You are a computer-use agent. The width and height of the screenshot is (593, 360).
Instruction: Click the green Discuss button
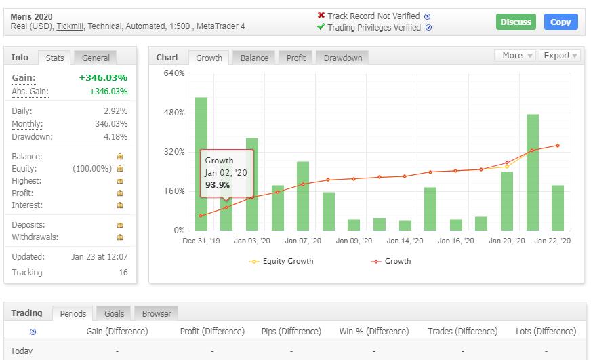pos(516,22)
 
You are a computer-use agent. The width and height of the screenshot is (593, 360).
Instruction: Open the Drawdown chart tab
pos(342,58)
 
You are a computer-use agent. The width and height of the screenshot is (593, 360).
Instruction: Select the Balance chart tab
pos(254,58)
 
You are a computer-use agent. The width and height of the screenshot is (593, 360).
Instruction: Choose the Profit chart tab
pos(296,58)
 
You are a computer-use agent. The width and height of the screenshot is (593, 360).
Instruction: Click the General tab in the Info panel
pos(96,58)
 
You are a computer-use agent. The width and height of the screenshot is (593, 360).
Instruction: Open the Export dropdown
pos(560,56)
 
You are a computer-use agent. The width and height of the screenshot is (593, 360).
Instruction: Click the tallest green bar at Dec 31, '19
pos(201,163)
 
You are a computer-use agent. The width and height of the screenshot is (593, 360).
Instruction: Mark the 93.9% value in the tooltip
pos(218,184)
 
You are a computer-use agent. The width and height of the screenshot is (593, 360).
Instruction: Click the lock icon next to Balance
pos(120,157)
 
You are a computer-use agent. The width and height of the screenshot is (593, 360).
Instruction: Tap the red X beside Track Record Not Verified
pos(321,16)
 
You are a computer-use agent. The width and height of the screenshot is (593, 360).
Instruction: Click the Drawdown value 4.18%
pos(115,137)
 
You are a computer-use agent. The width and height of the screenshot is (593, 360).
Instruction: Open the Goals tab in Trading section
pos(114,313)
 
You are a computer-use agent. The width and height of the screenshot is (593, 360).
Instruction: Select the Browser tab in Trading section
pos(157,313)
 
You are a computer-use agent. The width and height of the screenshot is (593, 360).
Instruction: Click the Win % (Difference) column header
pos(373,332)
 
